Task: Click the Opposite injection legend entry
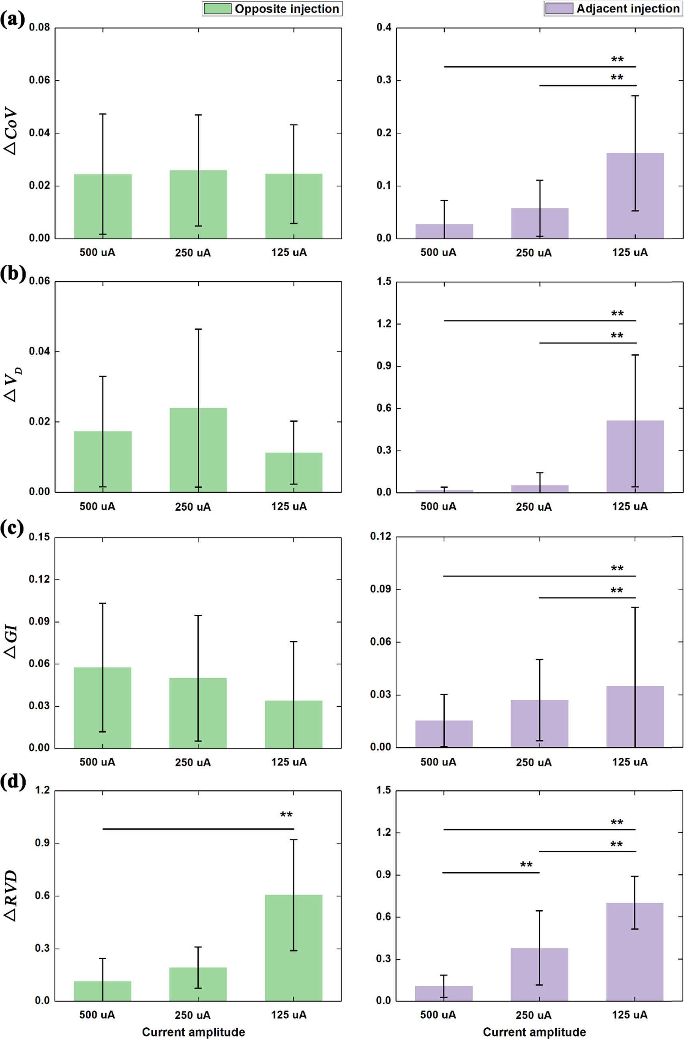pyautogui.click(x=272, y=9)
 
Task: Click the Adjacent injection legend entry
pyautogui.click(x=614, y=8)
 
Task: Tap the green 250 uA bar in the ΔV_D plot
pyautogui.click(x=198, y=450)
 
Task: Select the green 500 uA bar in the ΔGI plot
pyautogui.click(x=103, y=707)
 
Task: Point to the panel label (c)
pyautogui.click(x=12, y=529)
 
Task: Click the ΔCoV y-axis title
pyautogui.click(x=11, y=131)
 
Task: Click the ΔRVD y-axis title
pyautogui.click(x=11, y=895)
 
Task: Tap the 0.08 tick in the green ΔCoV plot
pyautogui.click(x=39, y=28)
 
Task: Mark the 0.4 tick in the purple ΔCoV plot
pyautogui.click(x=383, y=28)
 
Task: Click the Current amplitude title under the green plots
pyautogui.click(x=193, y=1032)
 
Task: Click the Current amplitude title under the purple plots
pyautogui.click(x=534, y=1032)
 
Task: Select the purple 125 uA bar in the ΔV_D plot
pyautogui.click(x=635, y=456)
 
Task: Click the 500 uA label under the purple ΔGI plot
pyautogui.click(x=438, y=762)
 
